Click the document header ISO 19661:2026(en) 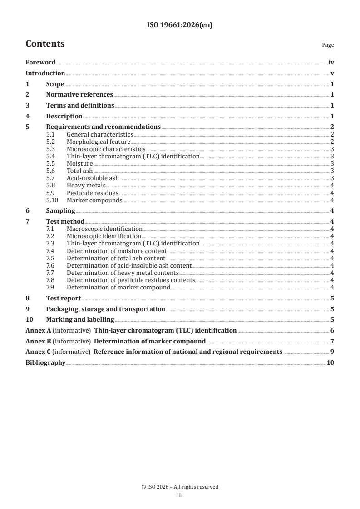[x=180, y=25]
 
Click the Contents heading [x=45, y=44]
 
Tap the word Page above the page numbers [x=328, y=45]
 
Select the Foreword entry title [x=40, y=63]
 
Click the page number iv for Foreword [x=331, y=63]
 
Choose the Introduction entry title [x=45, y=73]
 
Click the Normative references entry [x=79, y=95]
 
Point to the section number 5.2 [x=51, y=142]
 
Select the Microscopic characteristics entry [x=106, y=149]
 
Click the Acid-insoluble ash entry [x=93, y=178]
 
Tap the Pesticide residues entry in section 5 [x=93, y=192]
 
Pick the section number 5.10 [x=52, y=200]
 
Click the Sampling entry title [x=60, y=210]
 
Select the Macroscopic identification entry [x=104, y=229]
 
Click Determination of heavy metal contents [x=123, y=273]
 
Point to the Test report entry [x=64, y=298]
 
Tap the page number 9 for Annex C [x=332, y=352]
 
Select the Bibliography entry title [x=45, y=363]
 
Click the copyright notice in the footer [x=180, y=487]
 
